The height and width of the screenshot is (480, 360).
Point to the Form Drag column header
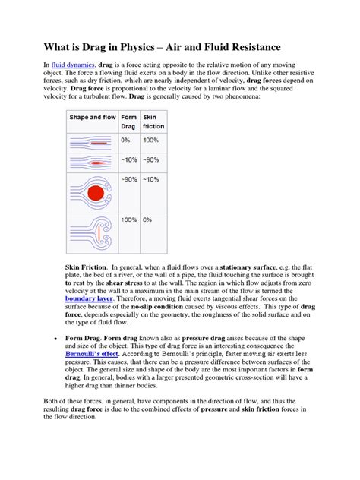[128, 122]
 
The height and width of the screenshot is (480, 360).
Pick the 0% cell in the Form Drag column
[126, 140]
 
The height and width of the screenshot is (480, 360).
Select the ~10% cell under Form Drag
[128, 159]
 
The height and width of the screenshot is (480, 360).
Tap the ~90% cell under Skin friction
[152, 159]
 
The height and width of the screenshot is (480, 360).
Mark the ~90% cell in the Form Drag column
[128, 179]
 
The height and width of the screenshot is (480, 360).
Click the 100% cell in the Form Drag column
[128, 219]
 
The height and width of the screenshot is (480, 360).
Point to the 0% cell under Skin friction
[148, 219]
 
